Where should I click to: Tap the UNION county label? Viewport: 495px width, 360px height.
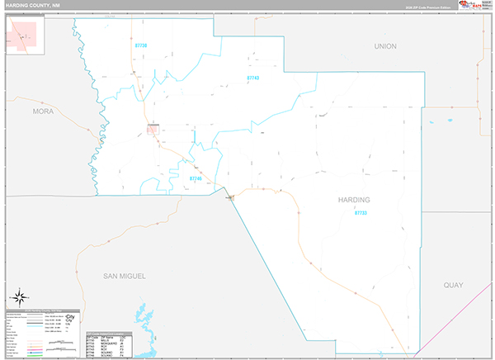(x=384, y=46)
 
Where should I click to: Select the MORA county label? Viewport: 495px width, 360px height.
(x=42, y=110)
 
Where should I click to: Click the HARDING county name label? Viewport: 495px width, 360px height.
(x=354, y=201)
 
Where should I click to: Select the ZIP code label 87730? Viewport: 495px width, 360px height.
(x=139, y=46)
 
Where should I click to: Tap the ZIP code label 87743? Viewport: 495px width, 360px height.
(x=253, y=78)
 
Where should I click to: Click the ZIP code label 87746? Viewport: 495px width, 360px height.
(x=196, y=178)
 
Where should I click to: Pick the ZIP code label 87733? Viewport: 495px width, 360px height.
(x=361, y=213)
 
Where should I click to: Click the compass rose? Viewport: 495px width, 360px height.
(x=20, y=295)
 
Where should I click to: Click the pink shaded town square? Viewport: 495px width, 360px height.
(x=153, y=128)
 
